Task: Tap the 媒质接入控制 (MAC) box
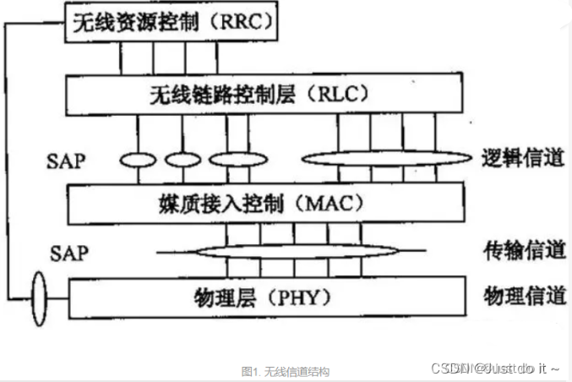tap(265, 203)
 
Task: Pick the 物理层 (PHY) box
tap(265, 297)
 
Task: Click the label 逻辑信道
tap(523, 158)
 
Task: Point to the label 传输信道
tap(523, 250)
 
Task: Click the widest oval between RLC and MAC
tap(385, 158)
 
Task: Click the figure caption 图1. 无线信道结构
tap(285, 371)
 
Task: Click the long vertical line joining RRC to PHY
tap(7, 161)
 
